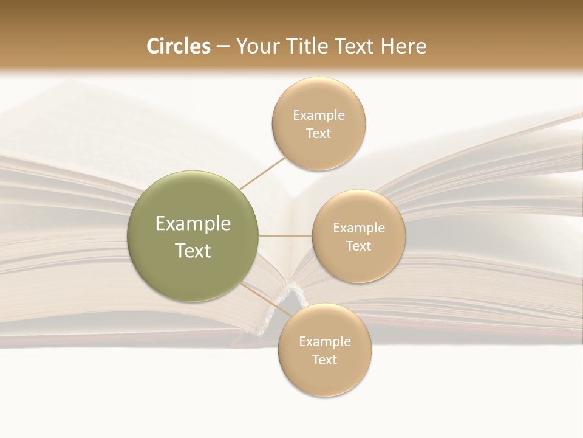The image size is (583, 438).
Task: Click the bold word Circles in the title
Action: click(179, 46)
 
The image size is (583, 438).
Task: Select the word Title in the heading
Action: click(309, 46)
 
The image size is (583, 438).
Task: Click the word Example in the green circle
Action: click(193, 224)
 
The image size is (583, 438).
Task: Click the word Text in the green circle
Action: click(193, 251)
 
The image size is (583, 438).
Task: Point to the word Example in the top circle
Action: click(319, 115)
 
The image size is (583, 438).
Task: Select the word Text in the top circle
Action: click(319, 133)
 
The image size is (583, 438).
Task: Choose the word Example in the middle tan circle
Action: click(359, 228)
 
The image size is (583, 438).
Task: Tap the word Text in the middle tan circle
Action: click(359, 246)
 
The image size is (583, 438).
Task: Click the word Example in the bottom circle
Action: click(325, 341)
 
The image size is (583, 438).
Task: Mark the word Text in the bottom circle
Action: click(325, 360)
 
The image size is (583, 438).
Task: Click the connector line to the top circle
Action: click(262, 173)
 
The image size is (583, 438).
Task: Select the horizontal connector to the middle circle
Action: click(285, 236)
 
